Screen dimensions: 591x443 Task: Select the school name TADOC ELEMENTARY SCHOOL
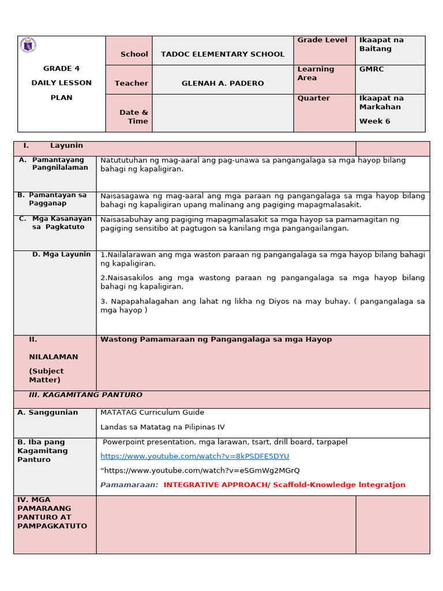tap(223, 54)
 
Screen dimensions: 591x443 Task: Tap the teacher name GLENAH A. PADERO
tap(223, 83)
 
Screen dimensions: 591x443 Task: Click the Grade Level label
tap(322, 40)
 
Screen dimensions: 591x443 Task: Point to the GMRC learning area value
tap(371, 69)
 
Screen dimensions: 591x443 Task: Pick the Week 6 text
tap(374, 121)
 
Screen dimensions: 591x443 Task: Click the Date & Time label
tap(134, 117)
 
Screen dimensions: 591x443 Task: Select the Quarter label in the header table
tap(314, 98)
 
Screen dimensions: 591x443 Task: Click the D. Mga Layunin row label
tap(61, 254)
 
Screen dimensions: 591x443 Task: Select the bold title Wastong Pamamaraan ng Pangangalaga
tap(216, 339)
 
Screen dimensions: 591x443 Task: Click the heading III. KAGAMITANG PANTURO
tap(85, 395)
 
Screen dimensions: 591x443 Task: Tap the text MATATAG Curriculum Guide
tap(152, 413)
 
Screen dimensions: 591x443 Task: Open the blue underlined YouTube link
tap(195, 456)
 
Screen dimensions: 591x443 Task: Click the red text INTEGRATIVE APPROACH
tap(284, 485)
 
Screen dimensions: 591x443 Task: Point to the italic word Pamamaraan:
tap(129, 485)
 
